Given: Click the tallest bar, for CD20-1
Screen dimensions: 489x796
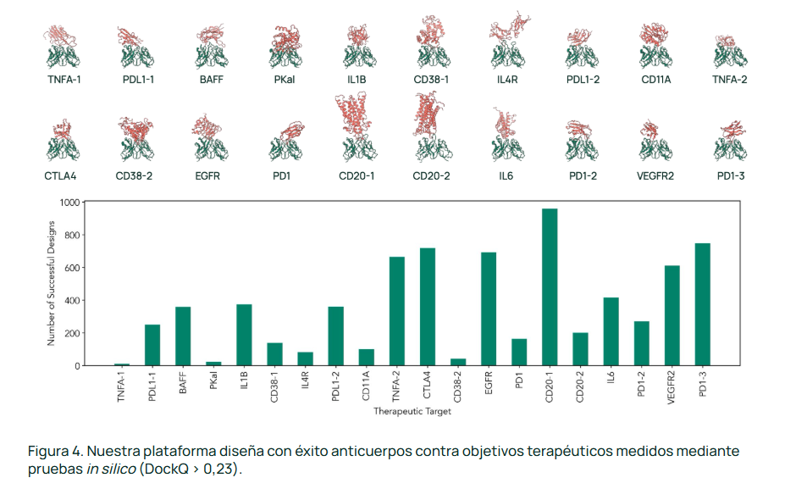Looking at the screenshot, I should pos(550,287).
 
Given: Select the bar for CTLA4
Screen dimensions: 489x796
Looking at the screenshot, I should pos(428,307).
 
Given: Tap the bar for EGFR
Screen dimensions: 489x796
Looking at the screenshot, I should pos(489,308).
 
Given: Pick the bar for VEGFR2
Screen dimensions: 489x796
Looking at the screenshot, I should pos(672,315).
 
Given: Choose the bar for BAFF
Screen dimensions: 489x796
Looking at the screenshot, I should pos(183,336).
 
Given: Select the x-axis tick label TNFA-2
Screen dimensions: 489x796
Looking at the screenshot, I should pos(397,386).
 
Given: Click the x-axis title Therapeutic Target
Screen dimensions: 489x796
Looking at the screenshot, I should pos(412,412).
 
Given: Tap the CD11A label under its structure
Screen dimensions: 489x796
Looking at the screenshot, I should pos(657,81).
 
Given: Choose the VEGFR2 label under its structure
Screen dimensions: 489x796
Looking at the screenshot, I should pos(657,176).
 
